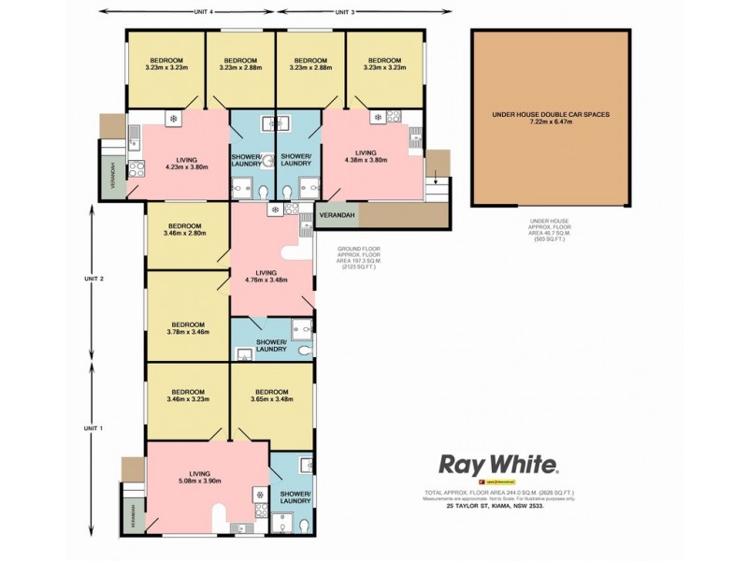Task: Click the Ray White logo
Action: tap(499, 465)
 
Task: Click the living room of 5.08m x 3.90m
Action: tap(200, 479)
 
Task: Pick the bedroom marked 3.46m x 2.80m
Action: tap(185, 229)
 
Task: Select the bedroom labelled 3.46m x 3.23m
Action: tap(185, 396)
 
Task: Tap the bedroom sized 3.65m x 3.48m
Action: tap(271, 396)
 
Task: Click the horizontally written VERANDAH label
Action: tap(337, 216)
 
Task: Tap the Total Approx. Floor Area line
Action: tap(500, 491)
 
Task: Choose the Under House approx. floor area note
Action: tap(550, 230)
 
